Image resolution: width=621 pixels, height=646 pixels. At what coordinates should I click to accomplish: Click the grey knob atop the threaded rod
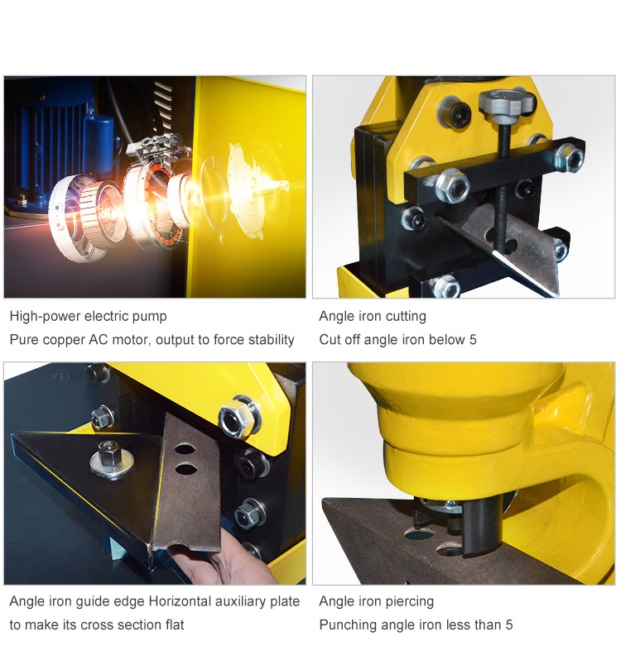click(508, 103)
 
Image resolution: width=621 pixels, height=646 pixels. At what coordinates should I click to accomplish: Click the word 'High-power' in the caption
click(46, 317)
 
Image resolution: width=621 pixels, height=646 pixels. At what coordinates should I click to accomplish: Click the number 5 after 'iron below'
click(473, 339)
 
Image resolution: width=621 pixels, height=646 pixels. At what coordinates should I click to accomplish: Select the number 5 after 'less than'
click(509, 625)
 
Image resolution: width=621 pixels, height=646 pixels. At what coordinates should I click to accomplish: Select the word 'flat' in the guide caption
click(175, 625)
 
